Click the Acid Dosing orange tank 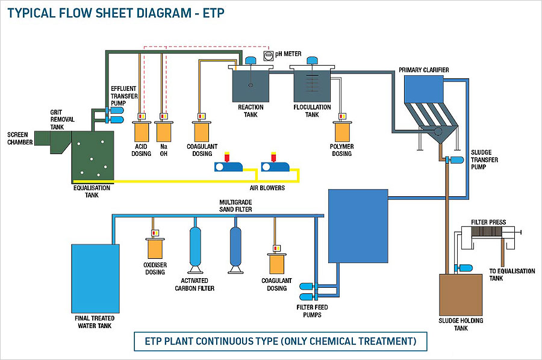142,131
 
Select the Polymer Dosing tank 343,131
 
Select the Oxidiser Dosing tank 155,248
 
